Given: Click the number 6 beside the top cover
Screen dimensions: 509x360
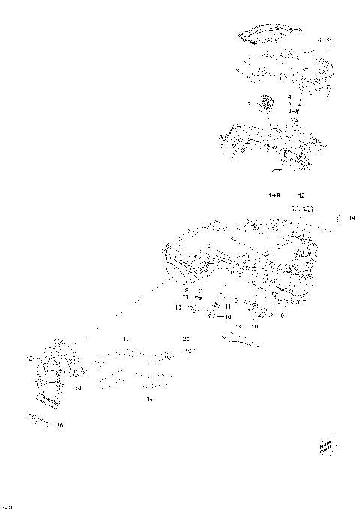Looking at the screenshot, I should point(300,30).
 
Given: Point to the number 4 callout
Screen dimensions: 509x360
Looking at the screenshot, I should point(289,97).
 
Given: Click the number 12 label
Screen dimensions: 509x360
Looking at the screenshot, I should point(301,195).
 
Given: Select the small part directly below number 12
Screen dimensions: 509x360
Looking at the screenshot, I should point(303,207).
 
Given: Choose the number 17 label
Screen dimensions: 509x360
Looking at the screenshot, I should point(127,339).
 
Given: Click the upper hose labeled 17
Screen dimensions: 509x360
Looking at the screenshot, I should point(139,352).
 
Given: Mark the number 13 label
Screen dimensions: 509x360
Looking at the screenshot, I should point(149,399).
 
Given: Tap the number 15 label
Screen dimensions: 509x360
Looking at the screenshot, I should point(31,357).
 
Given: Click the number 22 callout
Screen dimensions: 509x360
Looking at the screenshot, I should point(186,339).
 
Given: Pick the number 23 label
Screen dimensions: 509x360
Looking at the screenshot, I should point(237,328).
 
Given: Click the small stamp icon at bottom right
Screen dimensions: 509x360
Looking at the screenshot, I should point(325,446).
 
